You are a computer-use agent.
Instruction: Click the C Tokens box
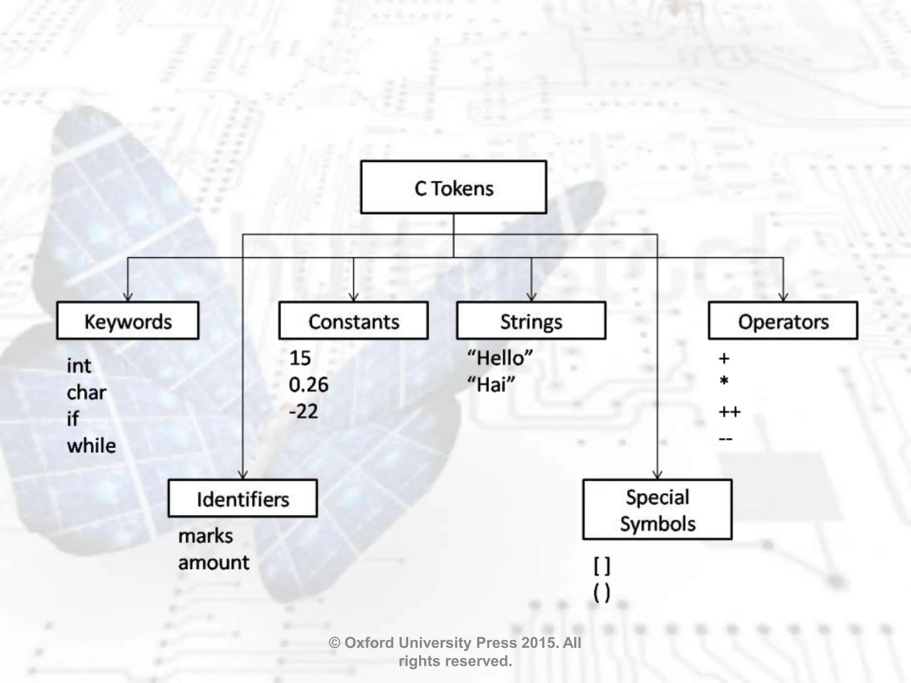453,187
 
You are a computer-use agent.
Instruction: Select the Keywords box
128,321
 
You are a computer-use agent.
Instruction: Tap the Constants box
354,321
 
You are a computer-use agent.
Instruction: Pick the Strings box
531,321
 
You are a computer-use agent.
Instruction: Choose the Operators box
783,321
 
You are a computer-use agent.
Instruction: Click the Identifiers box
243,498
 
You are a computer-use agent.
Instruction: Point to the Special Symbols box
657,510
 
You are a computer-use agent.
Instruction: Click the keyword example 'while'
92,446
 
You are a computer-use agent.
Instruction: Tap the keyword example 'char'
86,393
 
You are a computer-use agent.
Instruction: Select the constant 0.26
309,385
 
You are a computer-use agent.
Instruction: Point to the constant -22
303,411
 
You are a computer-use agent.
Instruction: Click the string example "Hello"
500,358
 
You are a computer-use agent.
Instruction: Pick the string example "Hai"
491,385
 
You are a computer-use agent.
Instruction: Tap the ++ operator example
730,412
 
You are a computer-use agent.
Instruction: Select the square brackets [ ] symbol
602,566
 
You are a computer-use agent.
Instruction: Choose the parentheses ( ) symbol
602,593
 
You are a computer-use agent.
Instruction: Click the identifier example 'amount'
214,563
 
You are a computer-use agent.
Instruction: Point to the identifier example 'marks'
206,536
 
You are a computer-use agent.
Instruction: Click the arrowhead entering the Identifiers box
243,475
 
